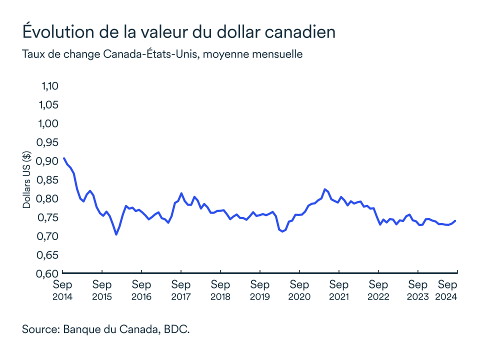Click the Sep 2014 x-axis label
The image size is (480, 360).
[x=62, y=290]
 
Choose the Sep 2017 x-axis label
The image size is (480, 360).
[x=180, y=290]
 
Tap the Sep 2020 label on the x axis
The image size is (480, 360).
[x=299, y=290]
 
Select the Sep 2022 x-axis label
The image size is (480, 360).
[x=378, y=290]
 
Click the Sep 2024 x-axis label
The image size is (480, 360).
[x=447, y=290]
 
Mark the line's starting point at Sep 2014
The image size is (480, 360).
[x=63, y=158]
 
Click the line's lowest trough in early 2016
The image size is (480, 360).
[x=116, y=234]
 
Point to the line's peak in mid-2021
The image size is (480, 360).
[x=325, y=189]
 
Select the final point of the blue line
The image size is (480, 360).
[x=455, y=220]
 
